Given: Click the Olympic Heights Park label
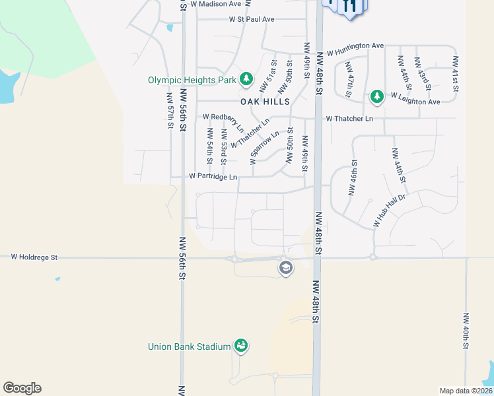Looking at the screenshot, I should click(192, 81).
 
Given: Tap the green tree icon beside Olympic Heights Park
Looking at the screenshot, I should click(246, 80).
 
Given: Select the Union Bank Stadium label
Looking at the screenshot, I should click(189, 346).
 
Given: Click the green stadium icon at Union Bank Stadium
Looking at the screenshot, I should click(241, 346).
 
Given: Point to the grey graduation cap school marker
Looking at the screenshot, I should click(285, 268).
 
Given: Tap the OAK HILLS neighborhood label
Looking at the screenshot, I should click(265, 102).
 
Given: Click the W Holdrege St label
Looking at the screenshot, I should click(34, 257).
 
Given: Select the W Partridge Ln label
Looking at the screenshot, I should click(213, 177).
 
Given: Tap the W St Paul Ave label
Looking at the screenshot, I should click(251, 19).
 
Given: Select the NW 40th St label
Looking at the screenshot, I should click(466, 331).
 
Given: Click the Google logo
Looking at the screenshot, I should click(22, 388).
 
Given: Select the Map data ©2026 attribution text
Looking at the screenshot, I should click(465, 391).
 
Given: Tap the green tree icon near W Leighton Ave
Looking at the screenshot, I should click(376, 97).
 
